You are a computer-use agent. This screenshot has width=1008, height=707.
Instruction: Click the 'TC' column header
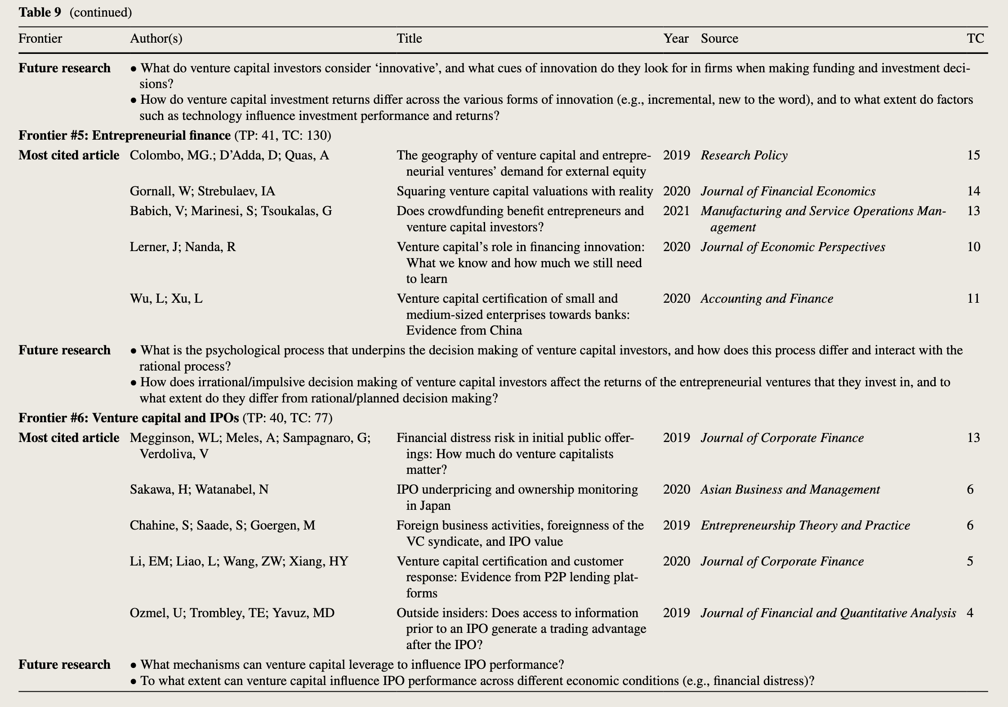click(975, 39)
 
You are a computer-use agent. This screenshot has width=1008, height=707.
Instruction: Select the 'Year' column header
click(676, 39)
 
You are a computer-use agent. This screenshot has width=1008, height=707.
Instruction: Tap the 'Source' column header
click(719, 39)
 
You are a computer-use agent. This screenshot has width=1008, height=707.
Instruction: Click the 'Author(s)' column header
click(156, 39)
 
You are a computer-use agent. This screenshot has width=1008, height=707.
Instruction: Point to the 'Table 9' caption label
click(40, 12)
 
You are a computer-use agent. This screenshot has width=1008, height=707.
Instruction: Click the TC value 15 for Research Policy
click(973, 155)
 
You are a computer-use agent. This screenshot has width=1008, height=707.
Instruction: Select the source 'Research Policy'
click(744, 155)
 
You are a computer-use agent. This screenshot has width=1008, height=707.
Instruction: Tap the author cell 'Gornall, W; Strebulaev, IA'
click(202, 191)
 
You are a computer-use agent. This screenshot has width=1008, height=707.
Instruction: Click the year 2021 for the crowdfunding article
click(676, 211)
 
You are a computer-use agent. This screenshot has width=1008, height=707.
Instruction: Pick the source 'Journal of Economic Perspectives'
click(793, 247)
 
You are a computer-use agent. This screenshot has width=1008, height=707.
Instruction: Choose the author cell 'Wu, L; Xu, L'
click(166, 299)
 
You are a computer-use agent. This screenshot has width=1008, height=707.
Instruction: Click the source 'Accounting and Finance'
click(767, 299)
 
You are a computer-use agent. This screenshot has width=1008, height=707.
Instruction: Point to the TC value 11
click(973, 299)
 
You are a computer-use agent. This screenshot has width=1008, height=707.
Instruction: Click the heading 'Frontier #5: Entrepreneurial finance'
click(125, 135)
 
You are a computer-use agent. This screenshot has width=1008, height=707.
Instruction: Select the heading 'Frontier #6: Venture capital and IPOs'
click(129, 418)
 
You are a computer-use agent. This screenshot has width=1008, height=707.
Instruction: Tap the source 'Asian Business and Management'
click(790, 490)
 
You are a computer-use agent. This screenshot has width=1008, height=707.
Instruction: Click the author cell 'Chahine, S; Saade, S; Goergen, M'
click(223, 526)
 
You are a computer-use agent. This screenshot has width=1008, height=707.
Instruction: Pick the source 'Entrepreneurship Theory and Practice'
click(805, 526)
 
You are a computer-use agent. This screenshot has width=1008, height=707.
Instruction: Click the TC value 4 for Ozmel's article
click(970, 613)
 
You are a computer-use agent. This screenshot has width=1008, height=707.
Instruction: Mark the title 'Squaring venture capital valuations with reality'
click(525, 191)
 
